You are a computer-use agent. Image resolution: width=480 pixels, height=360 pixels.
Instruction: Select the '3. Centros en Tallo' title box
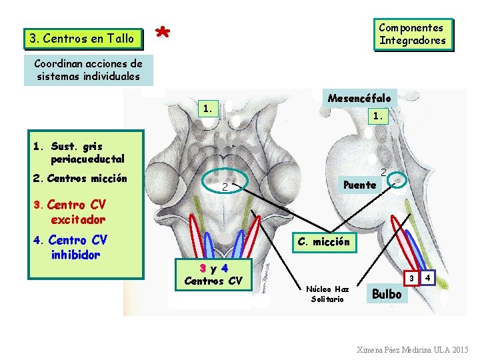(82, 39)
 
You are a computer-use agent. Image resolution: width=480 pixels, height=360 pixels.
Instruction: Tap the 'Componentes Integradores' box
(413, 34)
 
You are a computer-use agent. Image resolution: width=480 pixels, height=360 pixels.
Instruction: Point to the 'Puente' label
(359, 185)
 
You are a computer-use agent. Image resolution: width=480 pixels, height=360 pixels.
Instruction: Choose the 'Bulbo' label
(386, 293)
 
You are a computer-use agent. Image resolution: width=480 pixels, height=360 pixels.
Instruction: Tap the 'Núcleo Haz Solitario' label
(327, 294)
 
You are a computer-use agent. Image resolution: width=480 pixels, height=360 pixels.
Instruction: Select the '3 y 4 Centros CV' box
(213, 273)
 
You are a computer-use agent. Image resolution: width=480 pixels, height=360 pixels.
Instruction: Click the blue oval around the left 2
(225, 181)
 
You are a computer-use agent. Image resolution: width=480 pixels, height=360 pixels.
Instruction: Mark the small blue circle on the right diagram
(398, 180)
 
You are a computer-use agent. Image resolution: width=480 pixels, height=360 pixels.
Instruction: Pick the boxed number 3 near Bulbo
(412, 277)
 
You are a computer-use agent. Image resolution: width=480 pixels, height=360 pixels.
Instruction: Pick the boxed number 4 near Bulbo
(428, 276)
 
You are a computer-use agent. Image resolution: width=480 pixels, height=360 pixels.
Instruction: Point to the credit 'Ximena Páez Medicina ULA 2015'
(413, 349)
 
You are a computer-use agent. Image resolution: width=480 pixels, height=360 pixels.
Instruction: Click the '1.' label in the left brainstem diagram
(209, 107)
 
